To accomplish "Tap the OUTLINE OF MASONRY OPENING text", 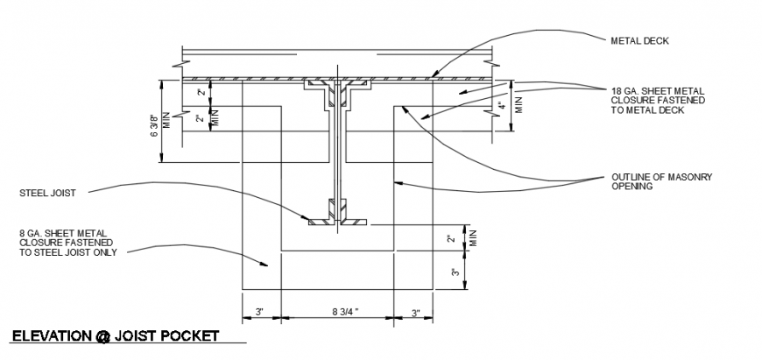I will [661, 181].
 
